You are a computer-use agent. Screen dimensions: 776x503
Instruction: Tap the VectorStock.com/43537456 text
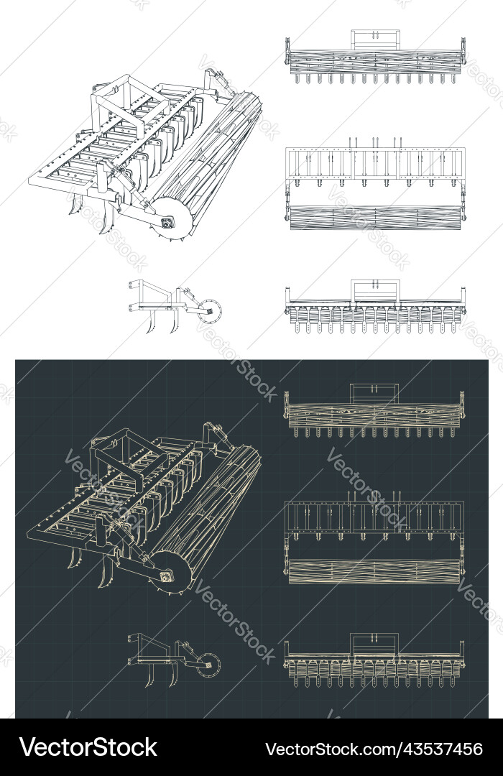tap(374, 749)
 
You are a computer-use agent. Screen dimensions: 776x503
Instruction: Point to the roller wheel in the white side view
tap(210, 311)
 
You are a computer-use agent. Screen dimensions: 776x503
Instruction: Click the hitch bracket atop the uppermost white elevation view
tap(374, 39)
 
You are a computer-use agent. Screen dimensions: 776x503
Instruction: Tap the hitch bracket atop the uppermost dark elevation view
tap(374, 392)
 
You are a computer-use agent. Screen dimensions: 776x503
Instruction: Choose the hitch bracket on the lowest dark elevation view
tap(374, 643)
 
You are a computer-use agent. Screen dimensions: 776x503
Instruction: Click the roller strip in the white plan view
tap(374, 217)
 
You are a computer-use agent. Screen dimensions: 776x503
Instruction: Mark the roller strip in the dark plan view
tap(374, 571)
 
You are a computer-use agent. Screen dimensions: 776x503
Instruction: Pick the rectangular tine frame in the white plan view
tap(374, 164)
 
